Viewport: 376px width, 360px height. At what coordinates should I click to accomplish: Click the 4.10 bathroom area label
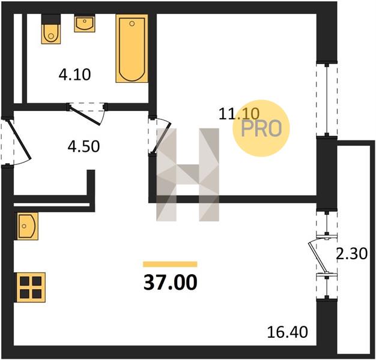tap(74, 74)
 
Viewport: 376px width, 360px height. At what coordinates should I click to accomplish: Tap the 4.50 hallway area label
tap(83, 146)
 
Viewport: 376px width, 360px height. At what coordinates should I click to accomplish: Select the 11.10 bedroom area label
tap(239, 113)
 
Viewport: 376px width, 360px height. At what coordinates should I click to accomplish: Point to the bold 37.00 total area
tap(170, 282)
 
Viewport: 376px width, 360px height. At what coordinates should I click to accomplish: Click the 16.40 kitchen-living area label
tap(287, 332)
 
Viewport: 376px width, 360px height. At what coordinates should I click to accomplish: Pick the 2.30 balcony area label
tap(351, 254)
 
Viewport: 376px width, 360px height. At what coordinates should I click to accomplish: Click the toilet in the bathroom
tap(51, 29)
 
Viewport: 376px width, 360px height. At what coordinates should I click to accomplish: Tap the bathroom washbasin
tap(85, 23)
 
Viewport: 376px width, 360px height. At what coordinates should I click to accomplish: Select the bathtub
tap(132, 49)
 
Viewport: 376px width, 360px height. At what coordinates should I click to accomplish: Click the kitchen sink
tap(26, 226)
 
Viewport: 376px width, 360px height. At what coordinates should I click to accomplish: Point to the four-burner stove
tap(30, 287)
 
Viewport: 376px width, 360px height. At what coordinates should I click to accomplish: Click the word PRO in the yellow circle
tap(261, 128)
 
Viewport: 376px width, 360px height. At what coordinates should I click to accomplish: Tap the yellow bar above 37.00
tap(170, 264)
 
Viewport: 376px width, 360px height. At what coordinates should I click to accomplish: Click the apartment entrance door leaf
tap(20, 139)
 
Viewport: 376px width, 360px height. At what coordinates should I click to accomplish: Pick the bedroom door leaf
tap(162, 138)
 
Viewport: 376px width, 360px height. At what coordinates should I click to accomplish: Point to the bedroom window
tap(327, 100)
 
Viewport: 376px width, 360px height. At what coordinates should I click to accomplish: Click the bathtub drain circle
tap(132, 23)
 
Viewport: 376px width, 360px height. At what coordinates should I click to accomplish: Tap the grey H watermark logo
tap(187, 175)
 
